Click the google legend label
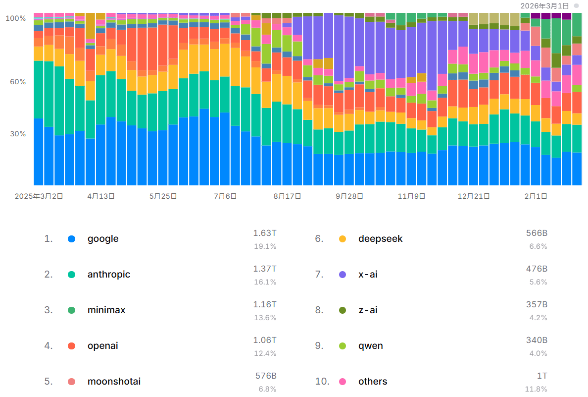pos(103,239)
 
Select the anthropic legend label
pos(109,275)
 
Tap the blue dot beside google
pos(72,239)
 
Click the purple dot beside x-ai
pos(343,275)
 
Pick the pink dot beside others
pos(343,382)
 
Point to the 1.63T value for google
pos(265,233)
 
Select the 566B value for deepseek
pos(537,233)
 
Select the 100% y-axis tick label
pos(15,18)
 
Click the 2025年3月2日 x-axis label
pos(39,196)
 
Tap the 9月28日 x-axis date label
pos(349,196)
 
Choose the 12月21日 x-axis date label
pos(474,196)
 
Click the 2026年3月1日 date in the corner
pos(544,5)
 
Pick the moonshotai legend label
pos(114,382)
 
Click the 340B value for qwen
pos(537,340)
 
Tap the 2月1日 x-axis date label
pos(536,196)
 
